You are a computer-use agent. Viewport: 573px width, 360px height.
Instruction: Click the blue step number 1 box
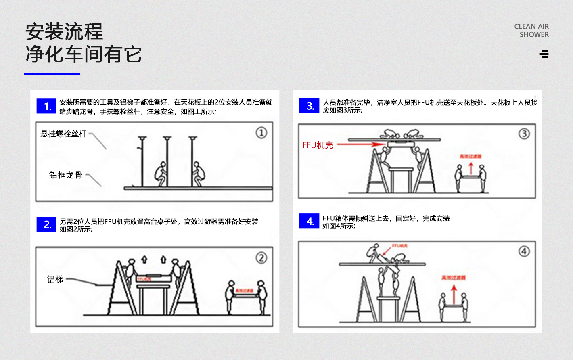pos(46,106)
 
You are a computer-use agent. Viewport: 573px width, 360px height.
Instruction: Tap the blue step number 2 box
pos(46,224)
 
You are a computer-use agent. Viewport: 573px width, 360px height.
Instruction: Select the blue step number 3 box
pos(309,106)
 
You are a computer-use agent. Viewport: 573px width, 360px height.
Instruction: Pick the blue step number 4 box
pos(309,221)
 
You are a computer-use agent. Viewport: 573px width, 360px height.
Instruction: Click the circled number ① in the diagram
pos(261,133)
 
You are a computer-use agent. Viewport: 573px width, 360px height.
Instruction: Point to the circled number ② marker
pos(261,258)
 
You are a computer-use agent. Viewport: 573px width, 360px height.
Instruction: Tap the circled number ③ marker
pos(524,134)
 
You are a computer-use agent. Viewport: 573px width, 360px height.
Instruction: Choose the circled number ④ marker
pos(524,251)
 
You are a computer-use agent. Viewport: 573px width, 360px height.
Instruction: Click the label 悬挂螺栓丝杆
pos(63,134)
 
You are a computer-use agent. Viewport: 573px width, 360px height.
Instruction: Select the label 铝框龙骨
pos(65,175)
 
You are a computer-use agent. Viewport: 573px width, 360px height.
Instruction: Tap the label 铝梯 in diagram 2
pos(55,279)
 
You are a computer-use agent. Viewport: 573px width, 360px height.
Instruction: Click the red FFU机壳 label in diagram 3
pos(318,145)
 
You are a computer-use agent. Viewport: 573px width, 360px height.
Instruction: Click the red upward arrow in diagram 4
pos(454,295)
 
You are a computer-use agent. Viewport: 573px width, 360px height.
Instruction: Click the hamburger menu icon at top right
pos(544,54)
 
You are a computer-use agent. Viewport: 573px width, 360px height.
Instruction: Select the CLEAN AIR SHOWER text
pos(531,30)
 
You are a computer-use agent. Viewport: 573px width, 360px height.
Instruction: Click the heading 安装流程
pos(64,32)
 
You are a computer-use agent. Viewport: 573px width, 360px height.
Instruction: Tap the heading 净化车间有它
pos(84,54)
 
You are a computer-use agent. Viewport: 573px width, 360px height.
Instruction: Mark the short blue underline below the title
pos(52,74)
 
